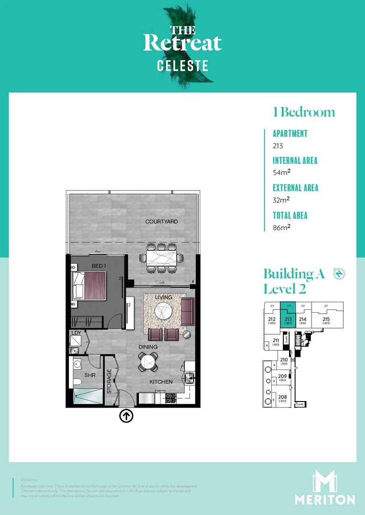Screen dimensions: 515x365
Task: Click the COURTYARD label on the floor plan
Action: click(161, 222)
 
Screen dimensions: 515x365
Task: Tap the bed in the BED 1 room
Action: click(90, 285)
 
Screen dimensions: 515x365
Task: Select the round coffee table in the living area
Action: click(163, 312)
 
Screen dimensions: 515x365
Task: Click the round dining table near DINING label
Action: click(149, 361)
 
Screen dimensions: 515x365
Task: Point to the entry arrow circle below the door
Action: click(126, 416)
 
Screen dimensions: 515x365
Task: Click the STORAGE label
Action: click(109, 381)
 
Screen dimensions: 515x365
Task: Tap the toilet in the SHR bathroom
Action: click(78, 382)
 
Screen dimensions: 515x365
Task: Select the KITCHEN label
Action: click(161, 382)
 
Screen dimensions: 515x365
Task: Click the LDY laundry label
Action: click(76, 333)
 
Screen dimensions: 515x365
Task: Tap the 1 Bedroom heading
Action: click(304, 112)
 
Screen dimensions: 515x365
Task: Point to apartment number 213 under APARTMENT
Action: click(278, 146)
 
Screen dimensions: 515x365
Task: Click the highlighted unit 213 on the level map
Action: click(288, 318)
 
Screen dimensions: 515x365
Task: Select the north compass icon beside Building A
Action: click(339, 274)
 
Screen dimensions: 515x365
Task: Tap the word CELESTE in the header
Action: click(183, 66)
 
